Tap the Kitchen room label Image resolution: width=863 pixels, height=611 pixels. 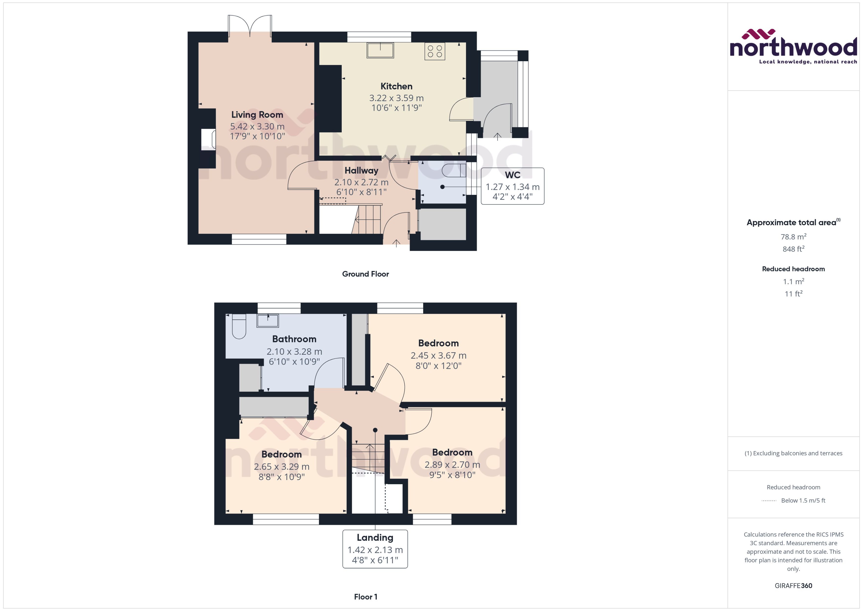[x=396, y=86]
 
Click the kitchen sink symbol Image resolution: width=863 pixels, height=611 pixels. [x=380, y=50]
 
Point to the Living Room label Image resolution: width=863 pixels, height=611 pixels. [x=257, y=115]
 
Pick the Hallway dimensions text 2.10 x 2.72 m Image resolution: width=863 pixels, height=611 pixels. [x=361, y=182]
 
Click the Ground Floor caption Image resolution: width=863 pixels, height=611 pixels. [x=365, y=274]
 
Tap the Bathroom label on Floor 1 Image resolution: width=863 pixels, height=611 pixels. [x=294, y=339]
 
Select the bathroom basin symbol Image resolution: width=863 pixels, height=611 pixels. [x=268, y=321]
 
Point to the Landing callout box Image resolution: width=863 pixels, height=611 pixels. [x=375, y=549]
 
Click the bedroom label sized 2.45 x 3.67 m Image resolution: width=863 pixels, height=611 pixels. [x=438, y=343]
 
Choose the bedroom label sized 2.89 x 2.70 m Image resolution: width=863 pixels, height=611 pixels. [x=452, y=452]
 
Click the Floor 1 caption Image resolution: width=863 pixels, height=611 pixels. [x=365, y=597]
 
